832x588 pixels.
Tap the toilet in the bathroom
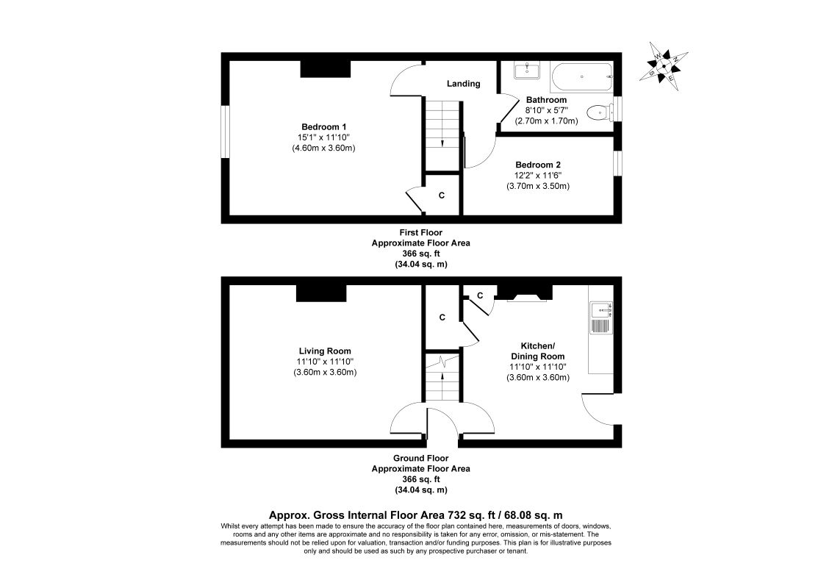(x=600, y=112)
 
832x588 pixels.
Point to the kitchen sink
(x=600, y=311)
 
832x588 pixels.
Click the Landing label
(x=464, y=84)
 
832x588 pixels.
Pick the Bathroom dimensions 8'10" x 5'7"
(x=546, y=110)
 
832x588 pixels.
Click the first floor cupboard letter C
(x=442, y=196)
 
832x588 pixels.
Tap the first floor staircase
(x=442, y=135)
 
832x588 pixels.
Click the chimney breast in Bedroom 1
(x=324, y=68)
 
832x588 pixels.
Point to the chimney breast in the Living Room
(x=321, y=293)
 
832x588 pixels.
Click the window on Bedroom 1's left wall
(x=226, y=132)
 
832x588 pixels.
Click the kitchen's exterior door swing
(x=599, y=409)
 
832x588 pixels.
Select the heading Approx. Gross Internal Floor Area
(x=415, y=516)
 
